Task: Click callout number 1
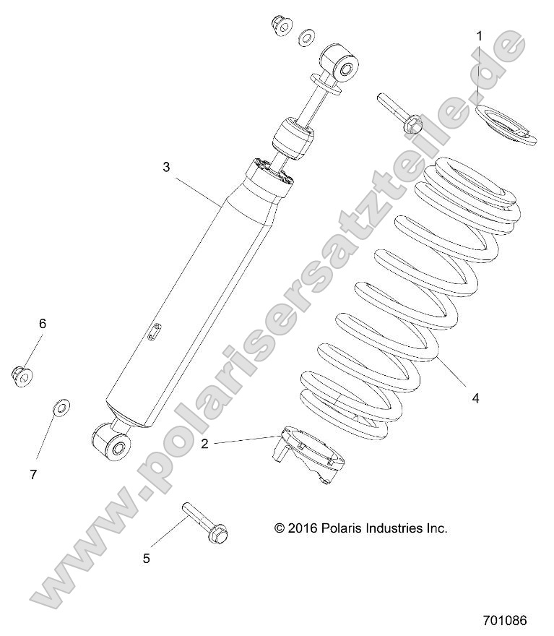click(x=478, y=35)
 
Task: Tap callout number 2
click(x=204, y=444)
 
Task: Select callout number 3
click(x=166, y=167)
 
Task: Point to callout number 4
click(x=475, y=397)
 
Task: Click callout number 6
click(x=42, y=324)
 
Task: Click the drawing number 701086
click(x=504, y=620)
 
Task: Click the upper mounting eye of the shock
click(x=342, y=64)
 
